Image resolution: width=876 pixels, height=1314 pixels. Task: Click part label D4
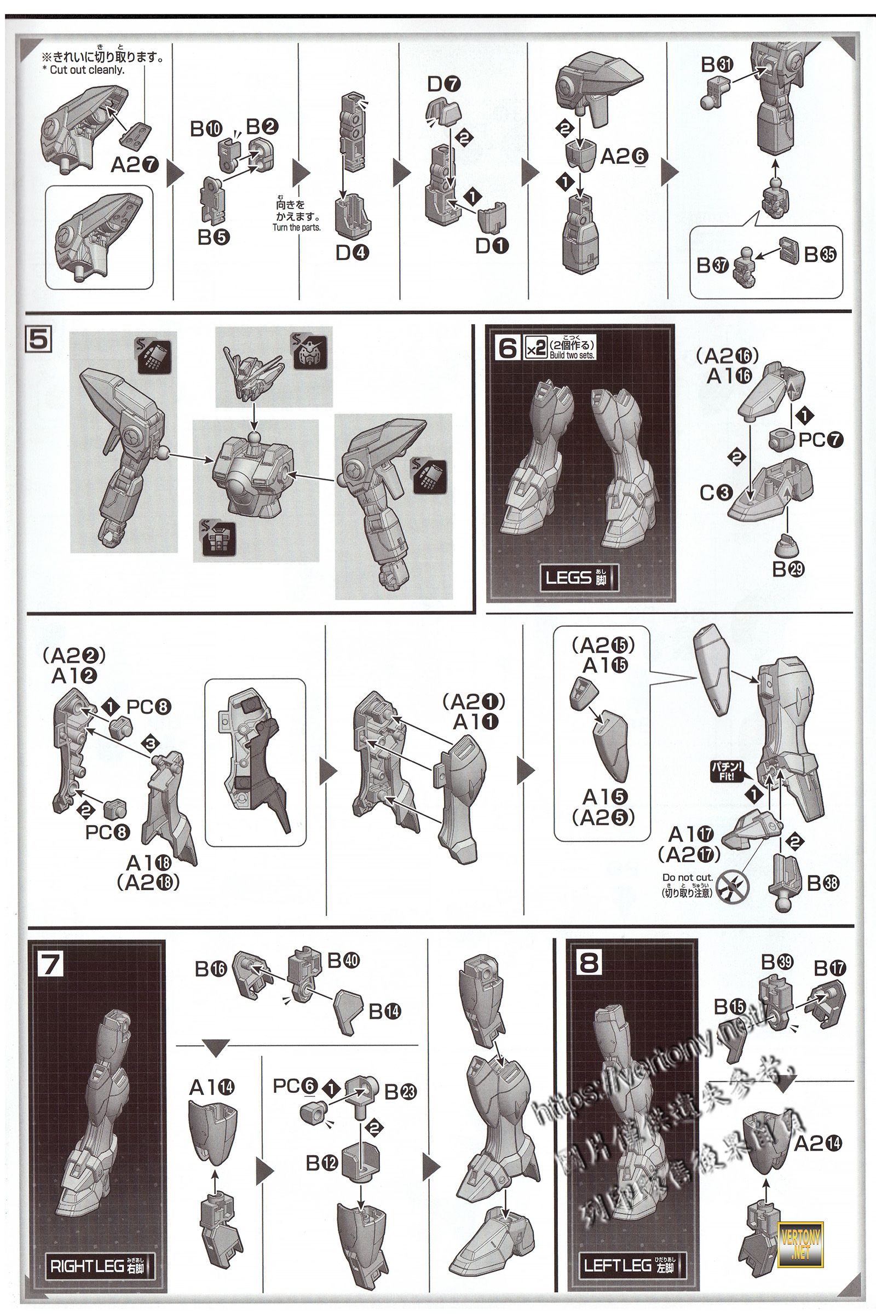pyautogui.click(x=352, y=253)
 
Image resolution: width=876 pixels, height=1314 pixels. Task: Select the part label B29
pyautogui.click(x=788, y=569)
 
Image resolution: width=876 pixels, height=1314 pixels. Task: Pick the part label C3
pyautogui.click(x=716, y=493)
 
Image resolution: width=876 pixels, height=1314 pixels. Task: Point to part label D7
pyautogui.click(x=444, y=85)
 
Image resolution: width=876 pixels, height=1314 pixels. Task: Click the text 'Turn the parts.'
pyautogui.click(x=297, y=227)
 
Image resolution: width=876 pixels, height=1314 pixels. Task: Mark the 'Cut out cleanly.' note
pyautogui.click(x=87, y=70)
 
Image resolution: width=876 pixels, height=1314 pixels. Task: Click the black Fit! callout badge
pyautogui.click(x=727, y=771)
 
